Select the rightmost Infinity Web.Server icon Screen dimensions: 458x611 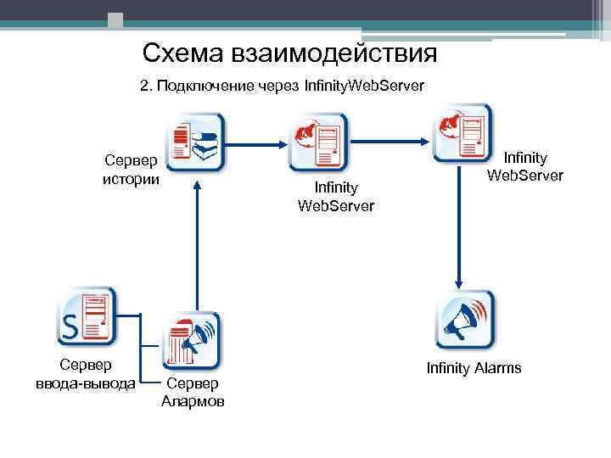[463, 131]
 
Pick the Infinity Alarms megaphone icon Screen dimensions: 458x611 [464, 320]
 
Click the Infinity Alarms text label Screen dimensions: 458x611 [474, 368]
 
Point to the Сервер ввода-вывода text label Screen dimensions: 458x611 [85, 375]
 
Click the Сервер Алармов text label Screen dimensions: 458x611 [193, 393]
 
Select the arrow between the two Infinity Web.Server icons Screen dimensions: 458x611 [390, 124]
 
